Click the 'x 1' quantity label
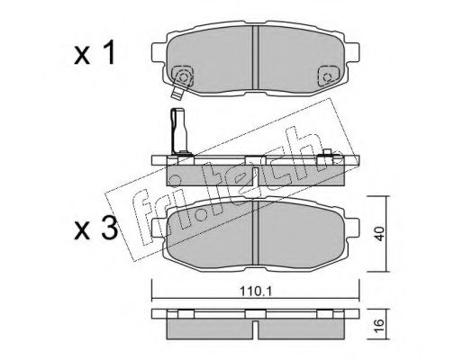(x=95, y=53)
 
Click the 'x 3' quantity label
(x=96, y=229)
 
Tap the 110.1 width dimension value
(x=256, y=291)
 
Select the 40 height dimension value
(x=379, y=234)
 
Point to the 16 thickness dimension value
(x=379, y=325)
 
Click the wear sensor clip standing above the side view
(x=178, y=132)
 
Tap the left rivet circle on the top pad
(x=182, y=77)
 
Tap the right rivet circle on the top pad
(x=327, y=77)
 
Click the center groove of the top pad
(x=256, y=58)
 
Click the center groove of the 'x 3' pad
(x=256, y=233)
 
